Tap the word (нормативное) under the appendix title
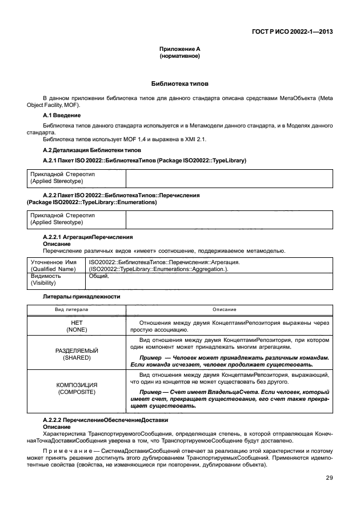coord(179,57)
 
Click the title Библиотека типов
coord(179,83)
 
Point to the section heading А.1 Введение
coord(62,115)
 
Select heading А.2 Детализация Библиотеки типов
coord(91,150)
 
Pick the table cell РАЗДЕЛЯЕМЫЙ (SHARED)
coord(77,353)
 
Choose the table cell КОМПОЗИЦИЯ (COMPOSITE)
coord(77,389)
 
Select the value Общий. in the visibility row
coord(99,276)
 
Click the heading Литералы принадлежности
coord(81,297)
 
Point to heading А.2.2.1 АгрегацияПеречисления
coord(88,237)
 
